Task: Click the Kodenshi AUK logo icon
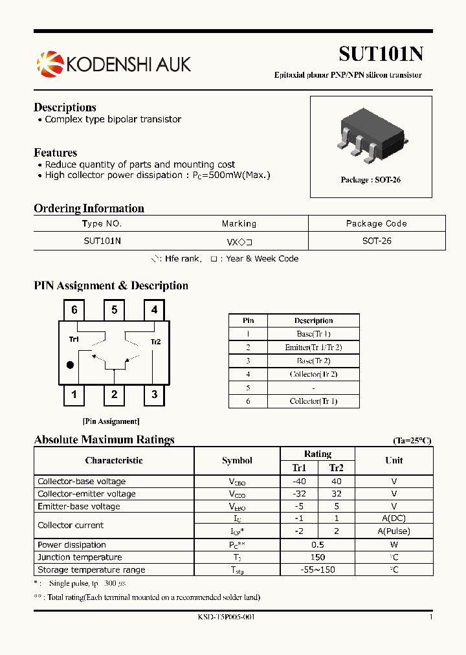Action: pyautogui.click(x=47, y=63)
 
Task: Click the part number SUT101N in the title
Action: pyautogui.click(x=381, y=54)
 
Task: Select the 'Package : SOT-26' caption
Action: pyautogui.click(x=370, y=180)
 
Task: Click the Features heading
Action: pyautogui.click(x=55, y=153)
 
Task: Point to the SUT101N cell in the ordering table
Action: pyautogui.click(x=102, y=240)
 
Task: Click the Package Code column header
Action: pyautogui.click(x=376, y=223)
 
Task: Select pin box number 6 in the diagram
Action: pyautogui.click(x=74, y=310)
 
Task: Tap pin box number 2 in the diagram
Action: pyautogui.click(x=114, y=394)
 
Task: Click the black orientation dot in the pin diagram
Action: pyautogui.click(x=71, y=365)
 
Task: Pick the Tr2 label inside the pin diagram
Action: pyautogui.click(x=155, y=342)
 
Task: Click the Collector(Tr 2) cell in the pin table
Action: pyautogui.click(x=313, y=374)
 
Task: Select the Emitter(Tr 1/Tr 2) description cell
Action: pyautogui.click(x=313, y=348)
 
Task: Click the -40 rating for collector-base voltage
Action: pyautogui.click(x=298, y=482)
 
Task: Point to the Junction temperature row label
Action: pyautogui.click(x=80, y=557)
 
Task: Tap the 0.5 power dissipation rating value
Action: pyautogui.click(x=317, y=545)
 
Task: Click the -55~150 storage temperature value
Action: pyautogui.click(x=317, y=570)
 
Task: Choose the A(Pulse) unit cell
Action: pyautogui.click(x=394, y=531)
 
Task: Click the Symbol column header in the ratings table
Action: pyautogui.click(x=237, y=461)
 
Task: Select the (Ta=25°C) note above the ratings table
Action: pyautogui.click(x=412, y=441)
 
